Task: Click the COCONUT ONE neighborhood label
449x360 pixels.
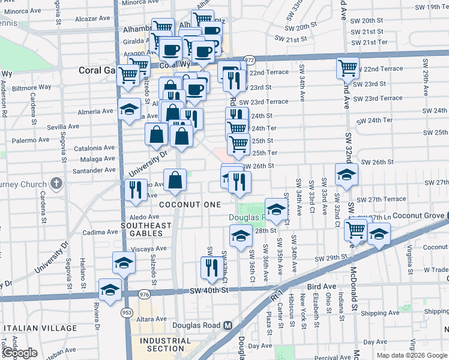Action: click(x=190, y=205)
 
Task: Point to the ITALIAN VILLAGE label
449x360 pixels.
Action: click(x=40, y=328)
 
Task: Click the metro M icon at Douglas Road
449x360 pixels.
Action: click(x=228, y=325)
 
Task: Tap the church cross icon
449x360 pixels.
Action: click(x=56, y=183)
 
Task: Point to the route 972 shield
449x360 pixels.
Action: click(x=250, y=60)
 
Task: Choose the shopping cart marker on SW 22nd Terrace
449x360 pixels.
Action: click(x=348, y=68)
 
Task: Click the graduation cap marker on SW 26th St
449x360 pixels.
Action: click(x=346, y=174)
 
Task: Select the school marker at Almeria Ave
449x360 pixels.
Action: click(x=129, y=110)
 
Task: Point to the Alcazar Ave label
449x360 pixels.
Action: click(x=93, y=19)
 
